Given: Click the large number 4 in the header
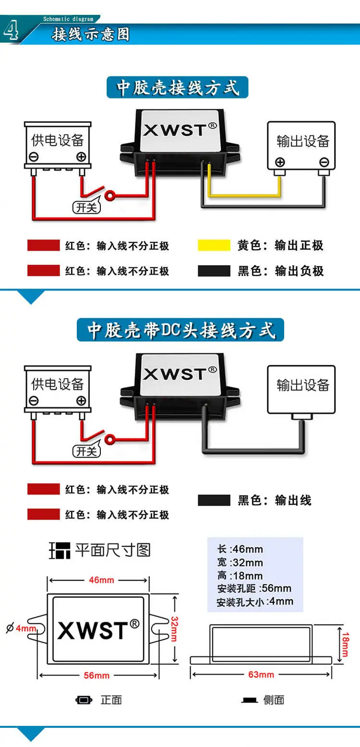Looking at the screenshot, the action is click(11, 31).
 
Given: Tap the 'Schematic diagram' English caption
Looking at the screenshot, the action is click(68, 19).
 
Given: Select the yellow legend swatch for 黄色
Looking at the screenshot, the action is click(214, 245).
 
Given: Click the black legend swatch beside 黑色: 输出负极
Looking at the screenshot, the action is click(214, 271).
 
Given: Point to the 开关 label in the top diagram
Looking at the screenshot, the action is click(87, 207).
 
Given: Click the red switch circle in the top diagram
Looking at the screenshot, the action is click(110, 195).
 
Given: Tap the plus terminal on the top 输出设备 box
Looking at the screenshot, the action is click(280, 162).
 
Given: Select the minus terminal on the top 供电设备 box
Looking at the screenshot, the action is click(34, 157).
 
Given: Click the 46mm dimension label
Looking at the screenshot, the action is click(101, 580).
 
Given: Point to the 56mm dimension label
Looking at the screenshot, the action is click(96, 675).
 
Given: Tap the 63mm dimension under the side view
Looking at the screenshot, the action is click(261, 675).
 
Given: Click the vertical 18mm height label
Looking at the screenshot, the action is click(345, 645).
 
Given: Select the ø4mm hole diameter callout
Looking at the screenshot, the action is click(21, 628).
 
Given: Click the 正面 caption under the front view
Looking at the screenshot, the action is click(111, 699).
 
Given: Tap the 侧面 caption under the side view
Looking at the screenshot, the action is click(274, 699).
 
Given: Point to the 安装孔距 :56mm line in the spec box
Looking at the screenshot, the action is click(254, 588).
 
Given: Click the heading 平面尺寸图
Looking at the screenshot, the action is click(113, 550).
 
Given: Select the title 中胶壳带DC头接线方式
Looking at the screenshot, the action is click(180, 330).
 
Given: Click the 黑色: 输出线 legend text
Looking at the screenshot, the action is click(275, 500).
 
